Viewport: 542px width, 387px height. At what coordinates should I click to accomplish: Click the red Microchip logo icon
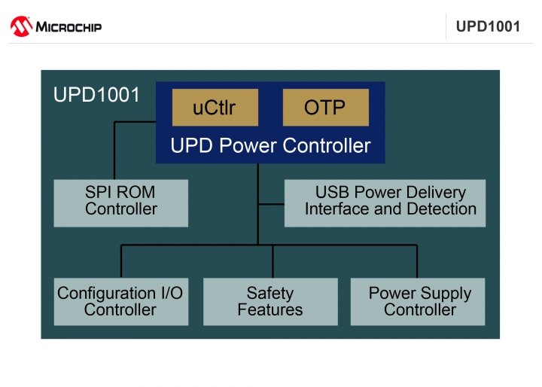(21, 26)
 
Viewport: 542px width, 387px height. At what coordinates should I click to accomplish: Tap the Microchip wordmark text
(69, 27)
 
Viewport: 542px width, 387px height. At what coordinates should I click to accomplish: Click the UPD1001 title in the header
(488, 26)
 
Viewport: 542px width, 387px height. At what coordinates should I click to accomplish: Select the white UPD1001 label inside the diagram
(96, 94)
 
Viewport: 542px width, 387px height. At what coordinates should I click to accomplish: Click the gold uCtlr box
(215, 107)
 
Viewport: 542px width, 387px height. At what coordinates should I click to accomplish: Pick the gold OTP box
(326, 107)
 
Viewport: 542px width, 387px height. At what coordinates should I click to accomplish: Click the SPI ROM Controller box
(121, 203)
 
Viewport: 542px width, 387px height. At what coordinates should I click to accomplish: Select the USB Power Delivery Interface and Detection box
(385, 203)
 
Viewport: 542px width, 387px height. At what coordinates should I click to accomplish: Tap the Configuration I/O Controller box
(121, 302)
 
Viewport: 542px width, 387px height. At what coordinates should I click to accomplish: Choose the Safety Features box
(270, 302)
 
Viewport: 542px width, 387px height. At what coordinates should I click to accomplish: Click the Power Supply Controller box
(418, 302)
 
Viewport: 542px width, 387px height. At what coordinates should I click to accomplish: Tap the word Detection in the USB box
(442, 209)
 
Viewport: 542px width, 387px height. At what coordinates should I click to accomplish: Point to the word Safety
(270, 294)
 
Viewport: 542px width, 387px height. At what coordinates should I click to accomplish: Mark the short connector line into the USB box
(271, 204)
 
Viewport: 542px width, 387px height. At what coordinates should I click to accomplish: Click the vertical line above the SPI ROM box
(114, 151)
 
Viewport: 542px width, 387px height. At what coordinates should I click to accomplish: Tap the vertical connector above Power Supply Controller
(417, 261)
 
